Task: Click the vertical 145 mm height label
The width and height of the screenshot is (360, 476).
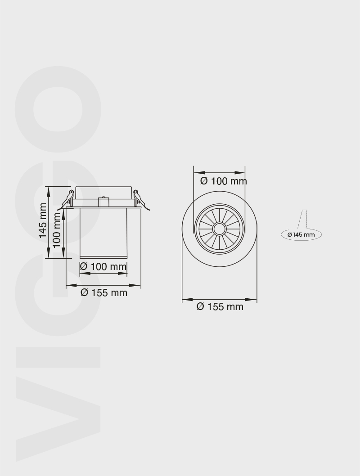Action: [42, 220]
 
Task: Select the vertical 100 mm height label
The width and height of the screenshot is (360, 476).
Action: [57, 229]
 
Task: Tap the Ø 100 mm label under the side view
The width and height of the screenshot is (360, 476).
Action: [103, 266]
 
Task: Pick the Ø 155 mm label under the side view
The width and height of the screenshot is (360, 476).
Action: [103, 292]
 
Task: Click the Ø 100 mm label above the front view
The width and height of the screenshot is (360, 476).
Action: [223, 181]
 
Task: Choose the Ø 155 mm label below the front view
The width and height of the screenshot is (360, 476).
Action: [220, 306]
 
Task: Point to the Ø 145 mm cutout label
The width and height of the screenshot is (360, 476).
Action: [301, 234]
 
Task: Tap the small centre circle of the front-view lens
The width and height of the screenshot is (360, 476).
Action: [220, 229]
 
